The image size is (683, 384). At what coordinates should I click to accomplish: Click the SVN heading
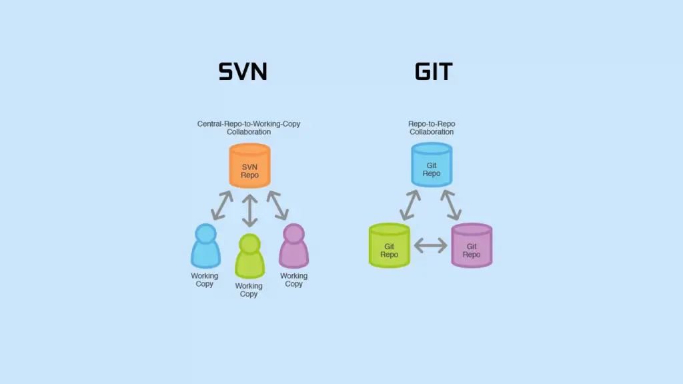(243, 71)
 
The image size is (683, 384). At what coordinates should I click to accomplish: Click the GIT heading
(434, 71)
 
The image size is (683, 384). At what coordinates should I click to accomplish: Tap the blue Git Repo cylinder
(431, 165)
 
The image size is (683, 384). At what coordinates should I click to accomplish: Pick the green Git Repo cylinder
(389, 246)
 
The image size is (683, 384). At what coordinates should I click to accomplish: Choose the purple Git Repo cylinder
(472, 246)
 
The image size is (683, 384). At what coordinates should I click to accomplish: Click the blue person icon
(205, 246)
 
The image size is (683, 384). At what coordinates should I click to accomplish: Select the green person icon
(249, 256)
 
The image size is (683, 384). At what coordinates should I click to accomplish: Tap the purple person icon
(293, 246)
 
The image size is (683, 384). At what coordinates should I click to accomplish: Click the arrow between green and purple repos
(430, 246)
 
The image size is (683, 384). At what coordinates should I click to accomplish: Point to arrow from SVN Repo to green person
(249, 210)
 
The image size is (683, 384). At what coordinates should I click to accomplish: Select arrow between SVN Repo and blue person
(221, 205)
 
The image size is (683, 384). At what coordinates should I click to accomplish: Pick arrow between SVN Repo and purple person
(277, 205)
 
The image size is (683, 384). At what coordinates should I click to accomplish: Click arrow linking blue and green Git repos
(410, 205)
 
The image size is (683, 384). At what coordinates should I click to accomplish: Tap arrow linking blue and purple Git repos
(451, 205)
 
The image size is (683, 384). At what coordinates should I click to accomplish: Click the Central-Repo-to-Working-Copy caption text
(248, 128)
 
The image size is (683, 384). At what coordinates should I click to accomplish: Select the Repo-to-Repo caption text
(432, 128)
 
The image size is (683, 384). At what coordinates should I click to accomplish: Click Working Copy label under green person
(249, 290)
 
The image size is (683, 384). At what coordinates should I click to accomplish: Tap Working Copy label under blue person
(205, 280)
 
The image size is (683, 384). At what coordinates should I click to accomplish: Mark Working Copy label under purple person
(293, 280)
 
